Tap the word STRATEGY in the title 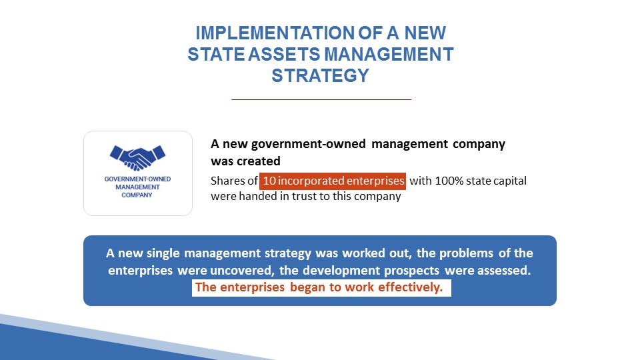tap(321, 75)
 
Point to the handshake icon tap(137, 157)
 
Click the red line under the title tap(321, 99)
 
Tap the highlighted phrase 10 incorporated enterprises tap(333, 181)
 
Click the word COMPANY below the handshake tap(137, 195)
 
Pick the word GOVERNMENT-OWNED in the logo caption tap(137, 179)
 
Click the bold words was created tap(246, 161)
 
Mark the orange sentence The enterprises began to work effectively tap(319, 287)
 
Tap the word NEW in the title tap(425, 33)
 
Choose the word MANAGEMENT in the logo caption tap(137, 187)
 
